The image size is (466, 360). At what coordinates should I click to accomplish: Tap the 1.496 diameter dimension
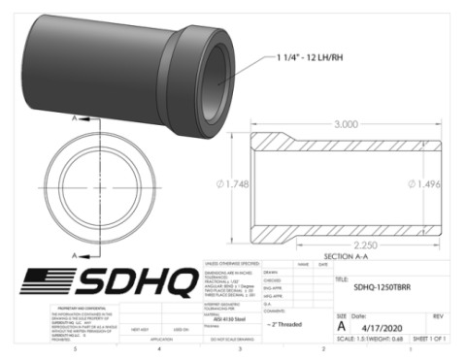(434, 182)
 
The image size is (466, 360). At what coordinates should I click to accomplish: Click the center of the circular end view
(84, 185)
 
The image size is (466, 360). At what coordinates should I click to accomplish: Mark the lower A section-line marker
(71, 255)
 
